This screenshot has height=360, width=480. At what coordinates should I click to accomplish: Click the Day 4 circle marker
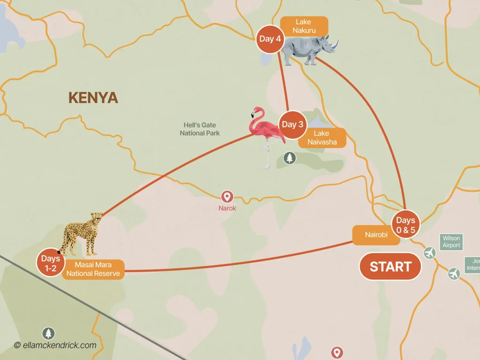click(x=270, y=39)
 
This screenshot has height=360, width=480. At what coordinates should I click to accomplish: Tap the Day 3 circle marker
click(x=292, y=125)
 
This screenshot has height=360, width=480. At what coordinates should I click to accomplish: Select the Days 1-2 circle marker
click(x=50, y=263)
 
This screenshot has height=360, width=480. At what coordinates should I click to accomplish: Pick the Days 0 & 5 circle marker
click(x=405, y=224)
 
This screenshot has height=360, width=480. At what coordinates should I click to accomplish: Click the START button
click(x=390, y=267)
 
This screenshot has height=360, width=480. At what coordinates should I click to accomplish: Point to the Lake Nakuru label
click(x=303, y=26)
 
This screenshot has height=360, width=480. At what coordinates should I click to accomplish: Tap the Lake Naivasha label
click(x=322, y=138)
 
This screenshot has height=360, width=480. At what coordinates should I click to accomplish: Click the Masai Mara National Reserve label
click(x=93, y=270)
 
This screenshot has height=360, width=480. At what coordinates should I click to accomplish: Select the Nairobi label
click(x=376, y=235)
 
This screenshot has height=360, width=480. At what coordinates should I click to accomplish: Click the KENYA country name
click(x=93, y=97)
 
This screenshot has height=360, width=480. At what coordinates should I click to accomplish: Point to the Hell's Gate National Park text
click(x=200, y=129)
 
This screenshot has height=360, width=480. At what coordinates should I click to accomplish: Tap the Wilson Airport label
click(x=451, y=242)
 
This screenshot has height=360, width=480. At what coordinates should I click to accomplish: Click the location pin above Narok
click(x=227, y=196)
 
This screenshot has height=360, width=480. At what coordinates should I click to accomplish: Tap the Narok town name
click(x=227, y=208)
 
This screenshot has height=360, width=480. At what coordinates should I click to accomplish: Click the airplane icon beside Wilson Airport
click(x=429, y=253)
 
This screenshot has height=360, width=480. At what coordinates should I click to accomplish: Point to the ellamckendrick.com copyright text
click(x=55, y=345)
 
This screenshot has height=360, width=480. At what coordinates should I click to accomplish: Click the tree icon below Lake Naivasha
click(x=290, y=158)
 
